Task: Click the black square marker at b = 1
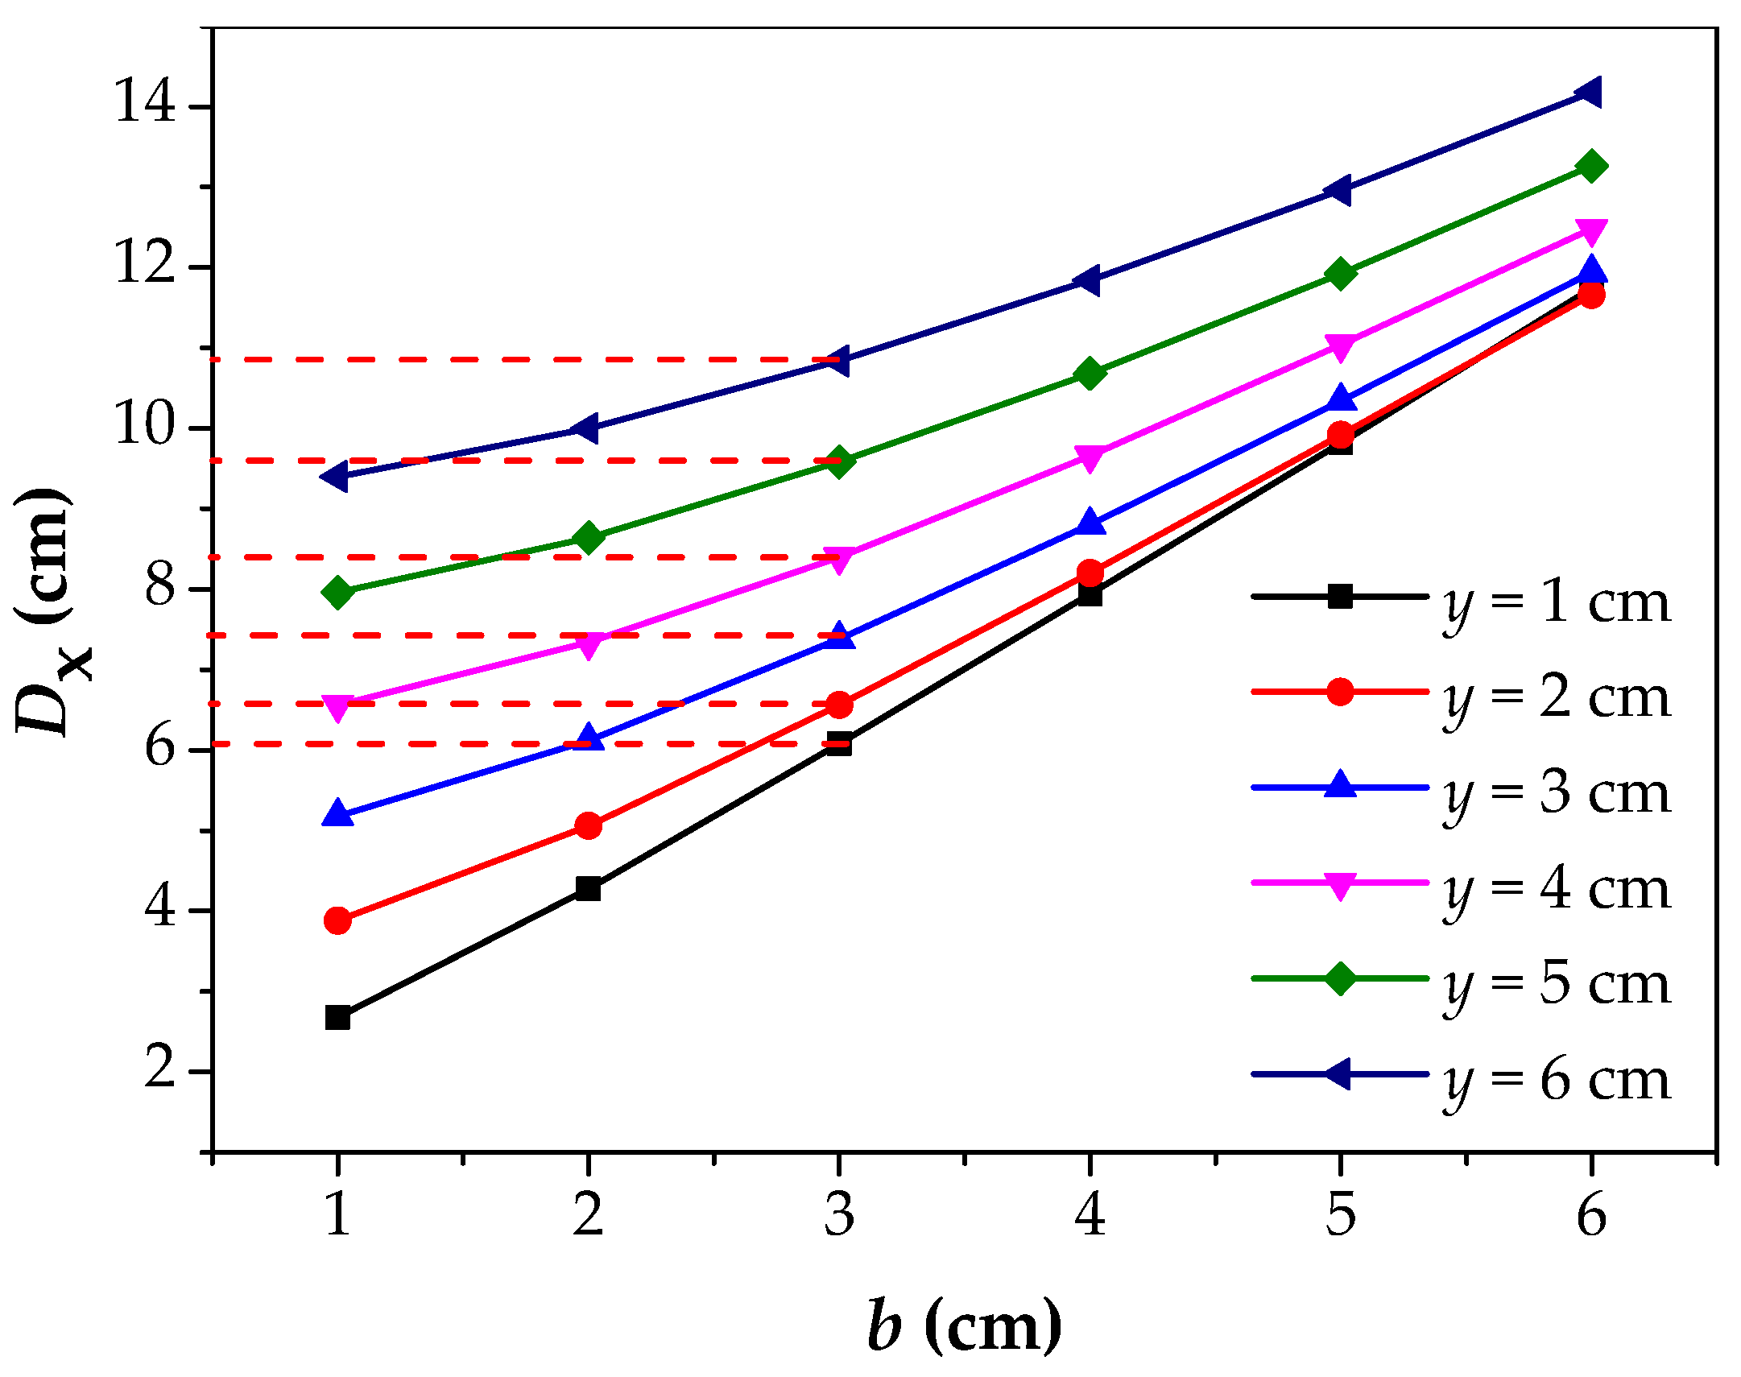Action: (337, 1017)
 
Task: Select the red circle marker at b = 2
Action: (589, 825)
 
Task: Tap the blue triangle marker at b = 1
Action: (337, 814)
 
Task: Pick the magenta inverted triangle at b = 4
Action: (1090, 457)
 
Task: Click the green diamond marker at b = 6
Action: (1591, 166)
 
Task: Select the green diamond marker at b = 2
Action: (589, 537)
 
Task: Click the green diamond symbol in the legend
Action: (1340, 978)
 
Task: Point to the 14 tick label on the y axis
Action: (145, 103)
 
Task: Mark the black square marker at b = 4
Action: (1090, 595)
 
